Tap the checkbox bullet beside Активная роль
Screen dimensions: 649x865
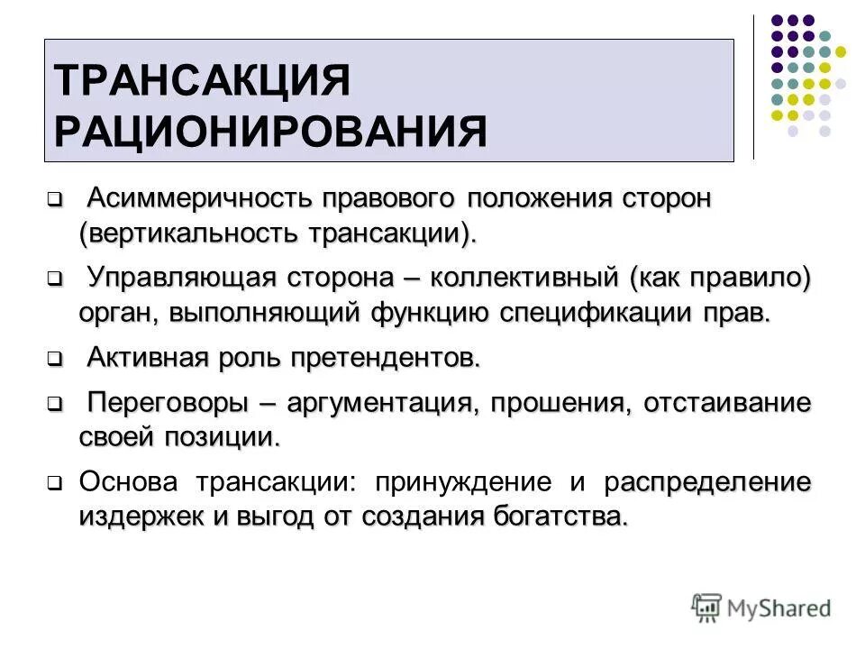pos(54,359)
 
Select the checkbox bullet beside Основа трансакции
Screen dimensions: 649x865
pos(54,483)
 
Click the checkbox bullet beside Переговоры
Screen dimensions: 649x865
pos(54,403)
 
